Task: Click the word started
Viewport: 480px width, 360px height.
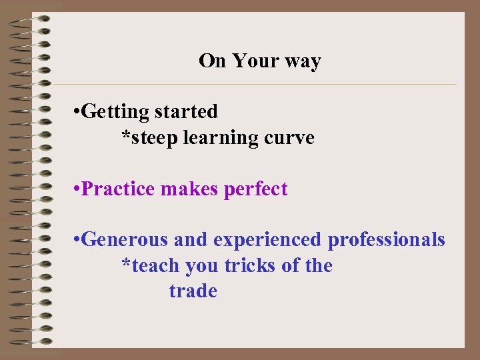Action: click(x=186, y=111)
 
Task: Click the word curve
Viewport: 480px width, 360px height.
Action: click(x=289, y=138)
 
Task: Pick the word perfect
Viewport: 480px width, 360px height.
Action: click(x=256, y=189)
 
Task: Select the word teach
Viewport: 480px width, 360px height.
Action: click(x=155, y=265)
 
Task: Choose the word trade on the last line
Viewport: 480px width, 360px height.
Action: click(x=193, y=291)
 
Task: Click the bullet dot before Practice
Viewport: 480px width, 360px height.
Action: click(x=77, y=189)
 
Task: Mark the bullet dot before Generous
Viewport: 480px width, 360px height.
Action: click(x=77, y=240)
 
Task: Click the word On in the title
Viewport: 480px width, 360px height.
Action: click(x=213, y=61)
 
